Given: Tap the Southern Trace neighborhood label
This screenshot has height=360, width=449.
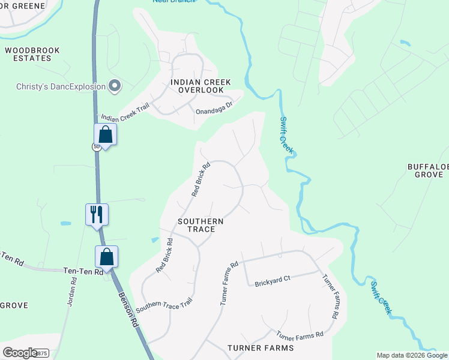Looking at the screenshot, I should [x=200, y=225].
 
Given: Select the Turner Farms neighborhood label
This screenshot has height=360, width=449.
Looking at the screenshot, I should [x=261, y=348].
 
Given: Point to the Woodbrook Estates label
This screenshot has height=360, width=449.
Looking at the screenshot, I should [x=32, y=54].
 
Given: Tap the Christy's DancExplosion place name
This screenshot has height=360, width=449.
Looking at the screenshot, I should [x=61, y=86].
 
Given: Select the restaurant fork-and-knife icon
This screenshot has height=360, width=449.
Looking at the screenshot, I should [x=97, y=213].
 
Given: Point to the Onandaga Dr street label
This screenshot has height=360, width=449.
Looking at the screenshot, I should [x=214, y=107].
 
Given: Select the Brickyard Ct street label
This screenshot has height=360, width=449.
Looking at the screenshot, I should [x=272, y=280].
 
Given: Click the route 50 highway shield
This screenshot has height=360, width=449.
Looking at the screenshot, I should [x=96, y=147].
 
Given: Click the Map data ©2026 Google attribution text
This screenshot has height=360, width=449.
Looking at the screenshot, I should [x=412, y=355].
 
